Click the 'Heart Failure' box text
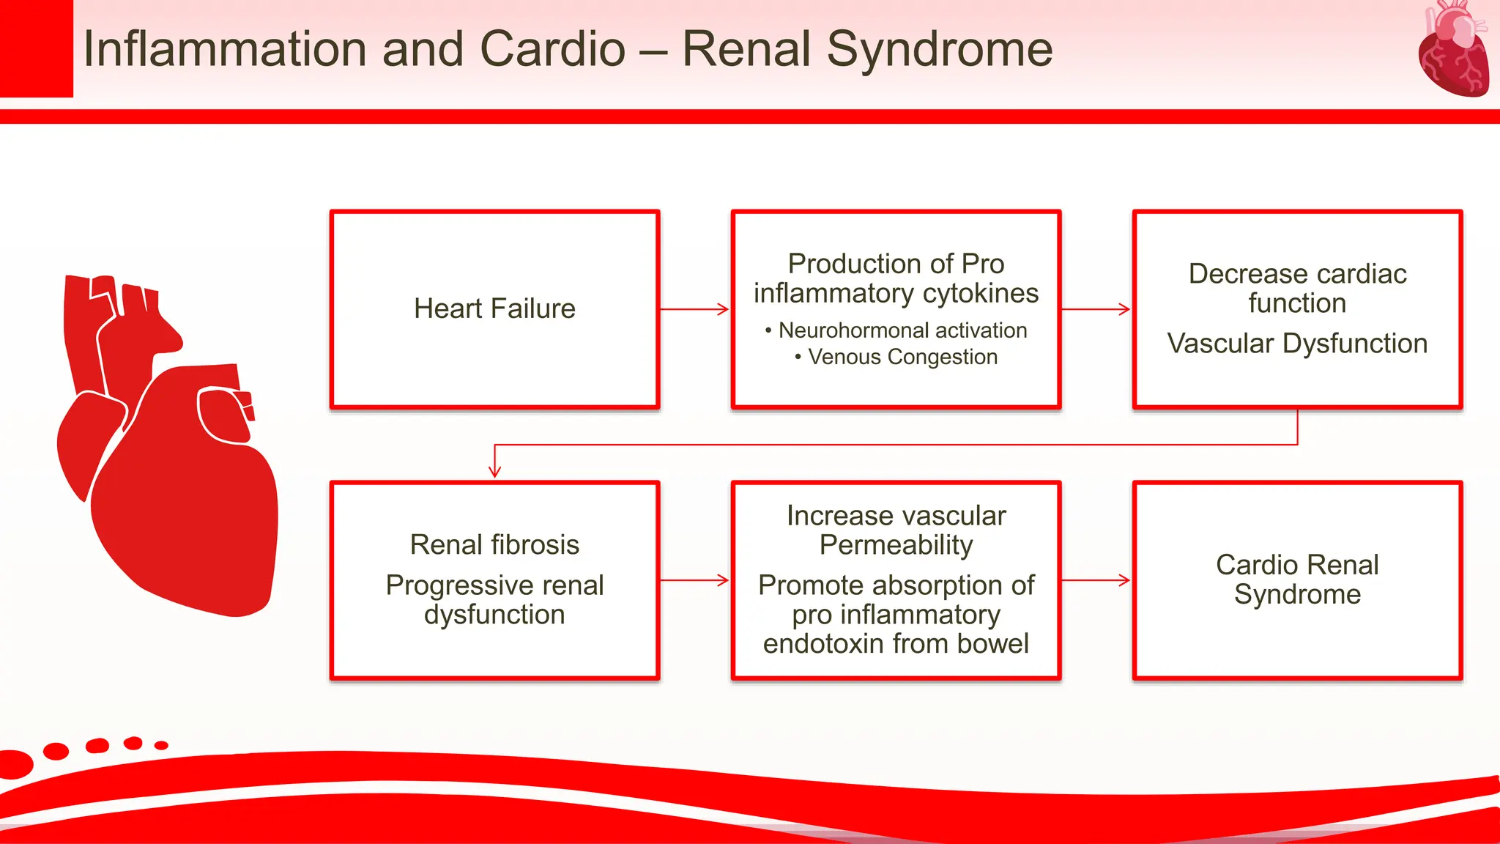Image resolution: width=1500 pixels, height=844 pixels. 494,308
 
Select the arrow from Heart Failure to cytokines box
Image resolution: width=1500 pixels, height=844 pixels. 694,309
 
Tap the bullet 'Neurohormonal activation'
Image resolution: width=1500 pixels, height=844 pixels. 902,330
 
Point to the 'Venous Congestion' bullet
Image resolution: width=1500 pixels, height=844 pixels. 902,357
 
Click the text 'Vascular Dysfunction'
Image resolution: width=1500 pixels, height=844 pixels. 1297,344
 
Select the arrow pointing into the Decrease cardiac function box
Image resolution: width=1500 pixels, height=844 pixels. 1096,309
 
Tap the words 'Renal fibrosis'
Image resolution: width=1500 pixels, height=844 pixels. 494,544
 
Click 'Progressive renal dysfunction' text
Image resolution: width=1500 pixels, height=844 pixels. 494,599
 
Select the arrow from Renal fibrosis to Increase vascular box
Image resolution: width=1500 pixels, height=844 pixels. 694,580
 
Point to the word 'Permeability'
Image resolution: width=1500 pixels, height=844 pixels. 896,545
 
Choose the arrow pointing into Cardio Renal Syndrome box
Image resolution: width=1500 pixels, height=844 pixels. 1096,580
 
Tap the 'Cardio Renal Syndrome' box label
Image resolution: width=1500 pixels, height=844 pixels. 1297,579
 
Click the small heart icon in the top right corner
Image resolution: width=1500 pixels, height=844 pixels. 1453,50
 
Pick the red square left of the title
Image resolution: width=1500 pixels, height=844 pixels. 36,48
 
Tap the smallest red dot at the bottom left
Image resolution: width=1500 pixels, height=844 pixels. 161,745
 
